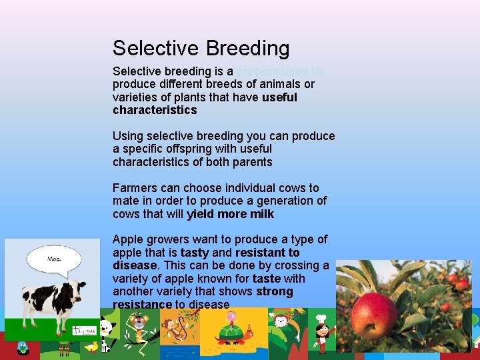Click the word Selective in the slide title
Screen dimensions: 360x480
pos(156,49)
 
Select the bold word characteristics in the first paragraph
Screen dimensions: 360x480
pos(155,110)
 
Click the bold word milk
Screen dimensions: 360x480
pos(262,214)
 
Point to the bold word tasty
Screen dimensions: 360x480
pos(195,253)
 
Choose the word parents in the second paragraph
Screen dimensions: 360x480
pos(251,162)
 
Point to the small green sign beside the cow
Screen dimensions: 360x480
pos(85,329)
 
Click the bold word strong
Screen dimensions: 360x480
pos(275,291)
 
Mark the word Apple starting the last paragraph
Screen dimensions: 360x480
pos(127,239)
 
